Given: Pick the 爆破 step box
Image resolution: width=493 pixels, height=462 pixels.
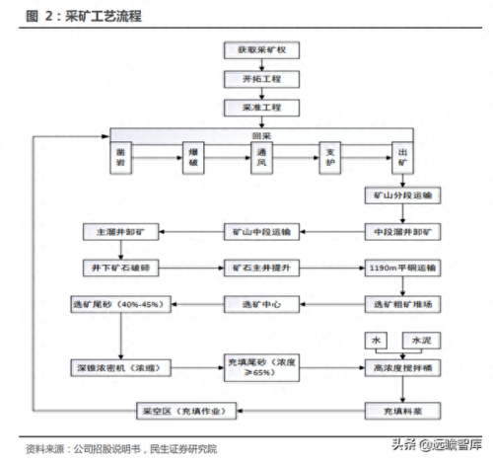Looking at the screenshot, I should click(x=193, y=158).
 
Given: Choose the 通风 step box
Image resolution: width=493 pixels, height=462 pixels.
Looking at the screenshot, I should click(x=262, y=158).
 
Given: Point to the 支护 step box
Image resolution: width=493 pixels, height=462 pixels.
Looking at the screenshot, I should click(x=331, y=158).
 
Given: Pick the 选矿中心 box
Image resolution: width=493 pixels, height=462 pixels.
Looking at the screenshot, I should click(x=261, y=304).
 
